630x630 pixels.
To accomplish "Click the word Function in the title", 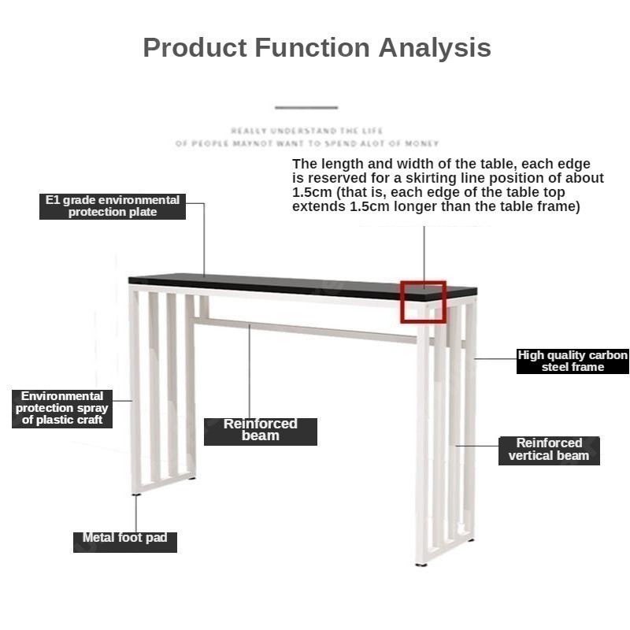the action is click(x=312, y=48).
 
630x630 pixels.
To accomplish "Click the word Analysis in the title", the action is click(x=435, y=49).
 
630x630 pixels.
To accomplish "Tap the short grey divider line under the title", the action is click(x=306, y=108).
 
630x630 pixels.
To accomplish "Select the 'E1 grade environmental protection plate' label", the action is click(x=113, y=206).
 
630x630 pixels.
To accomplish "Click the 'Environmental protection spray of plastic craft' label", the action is click(x=62, y=409).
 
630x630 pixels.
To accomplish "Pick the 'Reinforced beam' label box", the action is click(x=261, y=432).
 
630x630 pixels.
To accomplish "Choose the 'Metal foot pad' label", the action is click(x=125, y=542).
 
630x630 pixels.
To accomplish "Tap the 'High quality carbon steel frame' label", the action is click(x=573, y=361).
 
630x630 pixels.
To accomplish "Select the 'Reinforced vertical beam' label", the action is click(x=549, y=450).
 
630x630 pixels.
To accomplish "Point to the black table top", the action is click(x=302, y=286).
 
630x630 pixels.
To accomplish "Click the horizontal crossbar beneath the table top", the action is click(x=306, y=331).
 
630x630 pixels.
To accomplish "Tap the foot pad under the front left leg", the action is click(x=136, y=495).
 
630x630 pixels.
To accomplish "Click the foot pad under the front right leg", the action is click(x=421, y=565).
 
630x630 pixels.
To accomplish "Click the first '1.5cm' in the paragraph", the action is click(x=312, y=192).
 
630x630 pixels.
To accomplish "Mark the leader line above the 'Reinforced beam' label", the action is click(x=249, y=371).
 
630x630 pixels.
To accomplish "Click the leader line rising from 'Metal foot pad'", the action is click(x=135, y=514).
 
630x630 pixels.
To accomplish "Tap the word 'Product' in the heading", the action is click(x=195, y=48).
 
